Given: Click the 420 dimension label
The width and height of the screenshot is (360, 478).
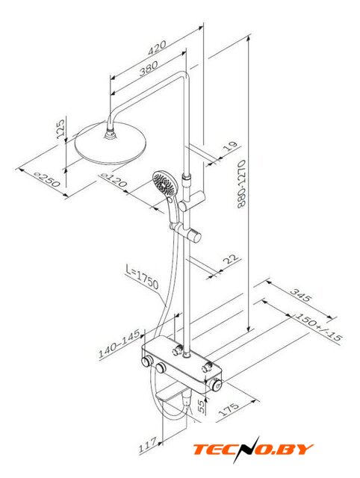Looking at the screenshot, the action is point(157,48).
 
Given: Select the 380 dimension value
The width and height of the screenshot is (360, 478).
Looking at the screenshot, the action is point(149,69).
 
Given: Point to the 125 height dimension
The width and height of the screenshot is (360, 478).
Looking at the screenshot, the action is point(60,128).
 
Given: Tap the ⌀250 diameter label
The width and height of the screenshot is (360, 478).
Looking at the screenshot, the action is point(47,179).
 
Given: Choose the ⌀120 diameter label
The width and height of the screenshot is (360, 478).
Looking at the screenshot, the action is point(114,179).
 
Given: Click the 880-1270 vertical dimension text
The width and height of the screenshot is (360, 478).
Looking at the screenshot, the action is point(241,184).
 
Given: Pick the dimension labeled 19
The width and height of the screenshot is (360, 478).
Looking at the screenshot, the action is point(231,146).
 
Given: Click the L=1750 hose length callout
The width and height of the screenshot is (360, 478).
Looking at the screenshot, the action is point(142,277).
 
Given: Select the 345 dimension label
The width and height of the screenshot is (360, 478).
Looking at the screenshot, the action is point(301,295).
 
